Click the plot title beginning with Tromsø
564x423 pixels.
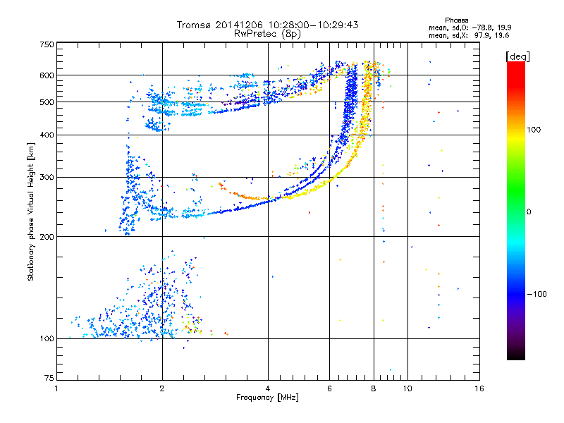267,25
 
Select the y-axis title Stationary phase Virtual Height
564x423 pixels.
31,212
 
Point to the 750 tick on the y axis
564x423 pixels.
47,44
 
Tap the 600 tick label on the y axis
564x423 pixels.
47,75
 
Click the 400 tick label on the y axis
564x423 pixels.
47,135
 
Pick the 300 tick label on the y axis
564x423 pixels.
47,178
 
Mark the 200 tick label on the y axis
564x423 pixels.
47,237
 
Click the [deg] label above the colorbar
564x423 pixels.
518,56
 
